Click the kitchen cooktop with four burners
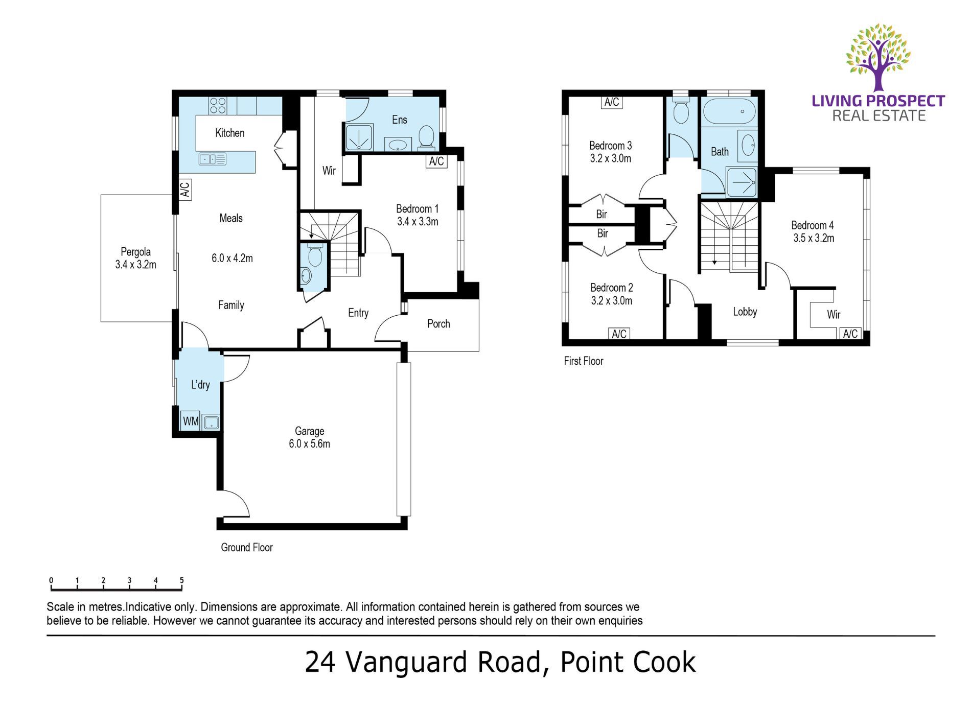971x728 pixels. (218, 106)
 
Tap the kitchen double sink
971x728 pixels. (212, 159)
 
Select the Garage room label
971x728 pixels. (309, 431)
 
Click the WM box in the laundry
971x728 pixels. (191, 421)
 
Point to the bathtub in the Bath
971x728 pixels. (729, 112)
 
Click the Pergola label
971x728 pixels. (135, 252)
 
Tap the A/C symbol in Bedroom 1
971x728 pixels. (436, 161)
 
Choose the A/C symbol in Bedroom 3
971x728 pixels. (612, 102)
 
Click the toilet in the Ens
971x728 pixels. (426, 137)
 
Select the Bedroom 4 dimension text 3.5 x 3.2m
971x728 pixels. (814, 238)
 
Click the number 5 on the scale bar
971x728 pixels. (181, 580)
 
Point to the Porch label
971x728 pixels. (438, 324)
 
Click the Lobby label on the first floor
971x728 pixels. (745, 312)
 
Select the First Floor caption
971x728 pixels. (584, 361)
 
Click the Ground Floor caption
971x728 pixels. (247, 548)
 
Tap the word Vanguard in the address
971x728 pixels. (407, 663)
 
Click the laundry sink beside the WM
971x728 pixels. (211, 422)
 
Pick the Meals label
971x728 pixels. (231, 218)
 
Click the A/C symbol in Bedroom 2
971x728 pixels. (619, 334)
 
